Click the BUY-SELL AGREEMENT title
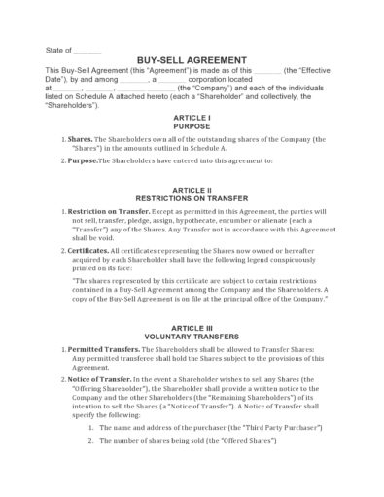[x=192, y=60]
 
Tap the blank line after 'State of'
[x=87, y=50]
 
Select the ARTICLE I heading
[x=192, y=117]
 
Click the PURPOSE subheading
[x=192, y=126]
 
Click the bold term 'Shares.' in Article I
[x=82, y=139]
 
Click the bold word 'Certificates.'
[x=94, y=250]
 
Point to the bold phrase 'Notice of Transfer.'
[x=103, y=377]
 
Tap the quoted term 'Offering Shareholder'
[x=109, y=387]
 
